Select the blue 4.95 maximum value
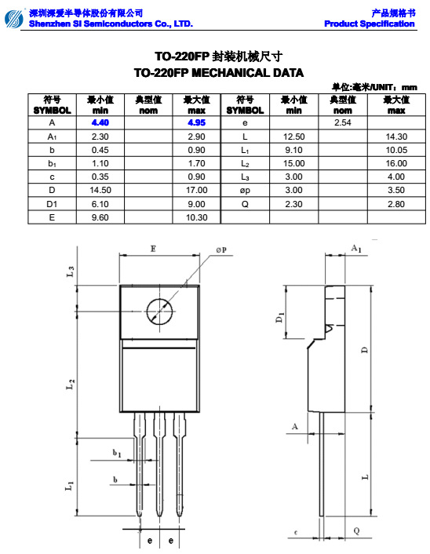(x=196, y=123)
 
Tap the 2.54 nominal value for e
(x=342, y=123)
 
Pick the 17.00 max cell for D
(x=196, y=190)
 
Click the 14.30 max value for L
(x=396, y=137)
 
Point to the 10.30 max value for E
(x=196, y=217)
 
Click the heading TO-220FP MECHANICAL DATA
(x=218, y=72)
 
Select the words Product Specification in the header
(x=370, y=24)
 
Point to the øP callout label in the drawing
(x=221, y=250)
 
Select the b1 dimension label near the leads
(x=116, y=453)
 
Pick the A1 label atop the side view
(x=355, y=248)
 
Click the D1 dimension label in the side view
(x=280, y=319)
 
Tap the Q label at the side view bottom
(x=356, y=531)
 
